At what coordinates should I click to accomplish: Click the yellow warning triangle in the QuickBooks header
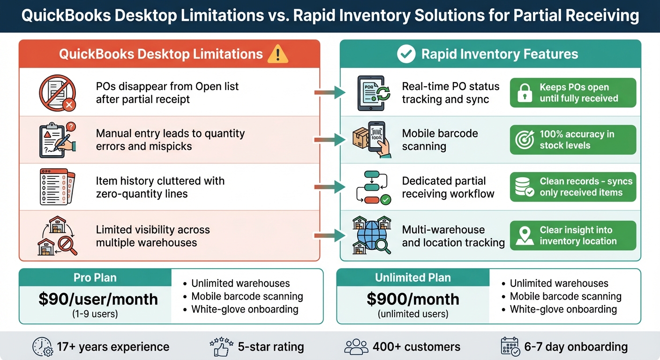click(277, 54)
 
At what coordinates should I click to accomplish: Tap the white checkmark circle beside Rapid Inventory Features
click(406, 54)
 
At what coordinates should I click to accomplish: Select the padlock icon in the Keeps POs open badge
click(525, 93)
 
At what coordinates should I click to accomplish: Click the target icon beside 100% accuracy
click(525, 140)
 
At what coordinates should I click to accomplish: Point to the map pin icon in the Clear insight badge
click(525, 236)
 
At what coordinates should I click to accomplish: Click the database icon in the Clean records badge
click(525, 187)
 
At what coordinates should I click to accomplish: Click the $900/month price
click(413, 299)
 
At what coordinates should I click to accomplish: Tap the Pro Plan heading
click(95, 277)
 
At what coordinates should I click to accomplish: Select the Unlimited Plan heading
click(413, 277)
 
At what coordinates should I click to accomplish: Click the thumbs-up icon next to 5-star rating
click(221, 347)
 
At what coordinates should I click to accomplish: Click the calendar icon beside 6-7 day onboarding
click(510, 347)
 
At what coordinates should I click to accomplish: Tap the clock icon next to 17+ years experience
click(42, 347)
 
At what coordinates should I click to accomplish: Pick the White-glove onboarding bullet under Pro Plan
click(245, 309)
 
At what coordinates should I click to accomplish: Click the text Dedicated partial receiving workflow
click(448, 187)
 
